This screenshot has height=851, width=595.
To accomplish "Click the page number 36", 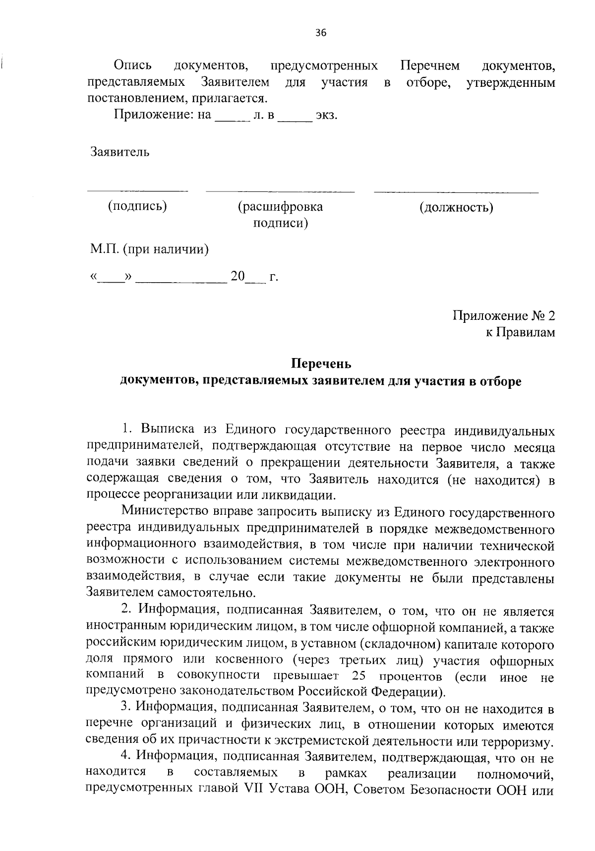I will [x=321, y=33].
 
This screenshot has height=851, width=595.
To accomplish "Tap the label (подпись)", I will [x=137, y=206].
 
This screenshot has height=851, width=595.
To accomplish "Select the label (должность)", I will [x=456, y=207].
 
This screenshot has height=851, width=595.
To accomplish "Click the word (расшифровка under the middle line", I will [x=280, y=207].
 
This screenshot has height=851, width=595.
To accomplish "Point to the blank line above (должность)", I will [x=456, y=191].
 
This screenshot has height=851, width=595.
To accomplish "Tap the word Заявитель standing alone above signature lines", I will [x=119, y=152].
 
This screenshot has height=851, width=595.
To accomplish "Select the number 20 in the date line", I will [x=238, y=276].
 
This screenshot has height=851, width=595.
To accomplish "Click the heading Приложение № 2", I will [x=504, y=316].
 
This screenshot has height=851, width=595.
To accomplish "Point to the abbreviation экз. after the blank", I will [x=327, y=116].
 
